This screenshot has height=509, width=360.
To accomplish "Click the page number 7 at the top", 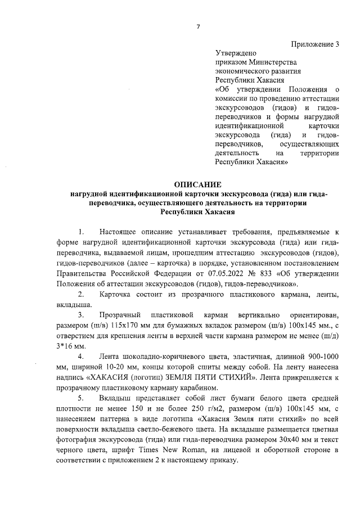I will [197, 25].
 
